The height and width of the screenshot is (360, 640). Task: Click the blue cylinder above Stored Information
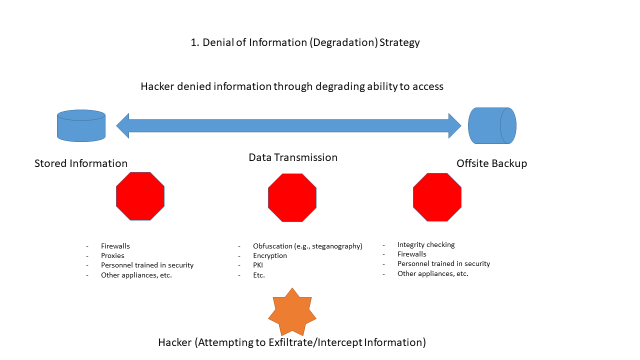tap(81, 126)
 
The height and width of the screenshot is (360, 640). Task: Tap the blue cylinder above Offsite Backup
tap(492, 125)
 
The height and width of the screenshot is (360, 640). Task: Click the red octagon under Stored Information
tap(140, 196)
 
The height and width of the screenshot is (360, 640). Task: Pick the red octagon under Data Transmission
tap(293, 196)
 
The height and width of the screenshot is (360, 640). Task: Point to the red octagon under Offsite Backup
tap(438, 196)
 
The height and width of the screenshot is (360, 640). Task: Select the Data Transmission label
tap(293, 158)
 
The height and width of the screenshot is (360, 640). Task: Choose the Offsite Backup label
tap(490, 163)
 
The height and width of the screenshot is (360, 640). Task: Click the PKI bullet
tap(258, 265)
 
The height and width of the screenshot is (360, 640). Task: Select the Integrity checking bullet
tap(426, 244)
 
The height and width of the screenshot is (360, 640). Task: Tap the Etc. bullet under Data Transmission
tap(259, 275)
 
